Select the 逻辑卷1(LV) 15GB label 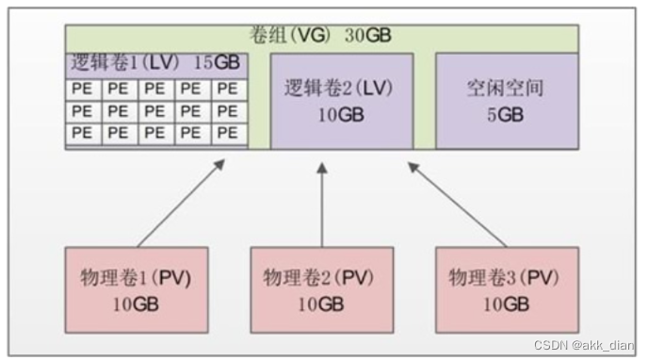[x=155, y=64]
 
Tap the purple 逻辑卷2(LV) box [x=341, y=101]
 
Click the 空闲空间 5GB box [x=506, y=101]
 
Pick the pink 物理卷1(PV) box [x=137, y=289]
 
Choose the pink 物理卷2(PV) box [x=322, y=289]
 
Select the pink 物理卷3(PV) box [x=506, y=289]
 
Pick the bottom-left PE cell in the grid [x=83, y=133]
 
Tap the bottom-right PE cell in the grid [x=227, y=133]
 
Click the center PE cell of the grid [x=154, y=111]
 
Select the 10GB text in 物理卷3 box [x=506, y=303]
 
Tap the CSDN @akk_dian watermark [x=584, y=346]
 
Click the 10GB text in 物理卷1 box [x=137, y=303]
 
